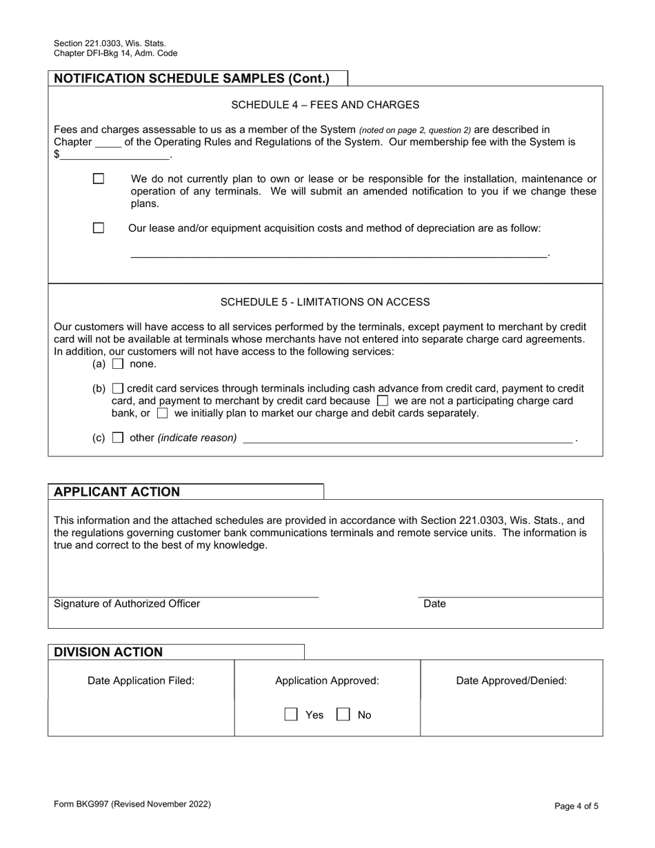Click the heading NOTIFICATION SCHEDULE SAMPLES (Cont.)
192,79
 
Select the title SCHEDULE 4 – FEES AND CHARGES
325,105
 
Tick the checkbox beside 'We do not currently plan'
99,179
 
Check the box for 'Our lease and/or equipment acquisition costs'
99,228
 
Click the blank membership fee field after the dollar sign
114,154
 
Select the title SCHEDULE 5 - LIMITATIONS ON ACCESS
325,302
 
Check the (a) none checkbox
118,364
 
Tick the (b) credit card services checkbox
118,389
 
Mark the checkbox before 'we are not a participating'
383,401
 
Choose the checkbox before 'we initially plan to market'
162,414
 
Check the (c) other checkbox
118,438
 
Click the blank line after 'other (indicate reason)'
407,437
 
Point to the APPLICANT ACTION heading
117,492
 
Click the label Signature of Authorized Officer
127,604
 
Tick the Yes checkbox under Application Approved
292,715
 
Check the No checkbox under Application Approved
343,715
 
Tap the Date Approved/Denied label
511,681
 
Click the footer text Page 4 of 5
576,805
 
